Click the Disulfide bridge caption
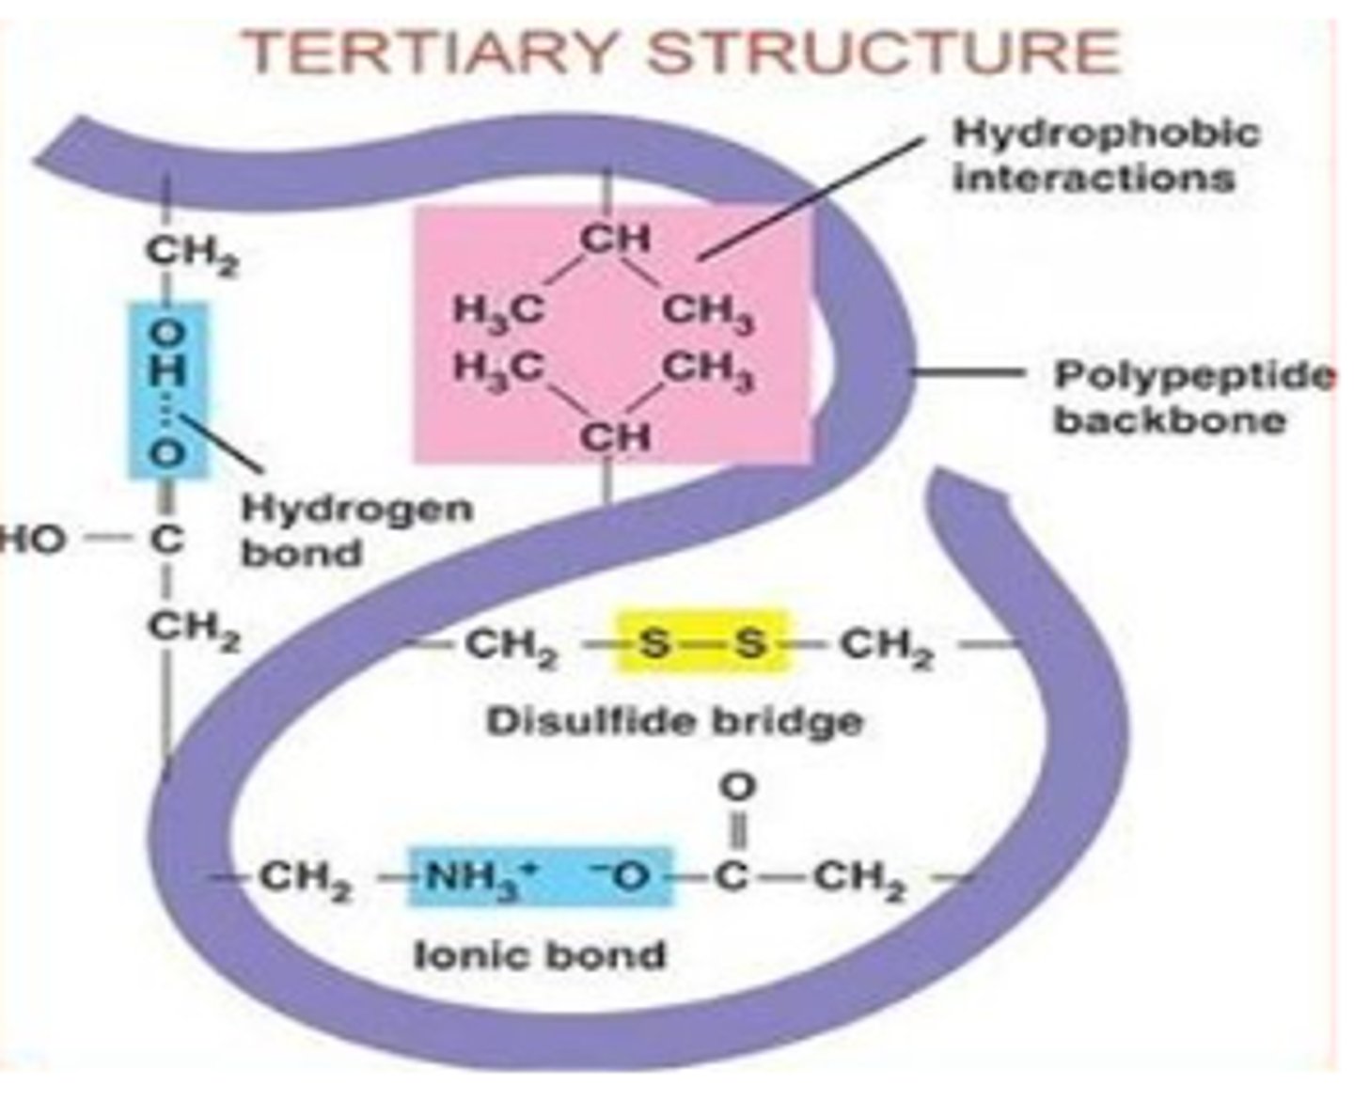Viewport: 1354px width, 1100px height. pyautogui.click(x=674, y=722)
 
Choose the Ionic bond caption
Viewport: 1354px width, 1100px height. pyautogui.click(x=540, y=955)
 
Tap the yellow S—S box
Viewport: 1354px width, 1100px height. pyautogui.click(x=701, y=644)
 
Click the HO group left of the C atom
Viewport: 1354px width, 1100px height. pyautogui.click(x=36, y=540)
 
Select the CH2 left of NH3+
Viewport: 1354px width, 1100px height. pyautogui.click(x=305, y=879)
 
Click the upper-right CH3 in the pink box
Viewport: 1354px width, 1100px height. pyautogui.click(x=709, y=311)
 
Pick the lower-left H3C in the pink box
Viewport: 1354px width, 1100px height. pyautogui.click(x=498, y=367)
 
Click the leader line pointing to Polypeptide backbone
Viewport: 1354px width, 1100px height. pyautogui.click(x=968, y=373)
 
